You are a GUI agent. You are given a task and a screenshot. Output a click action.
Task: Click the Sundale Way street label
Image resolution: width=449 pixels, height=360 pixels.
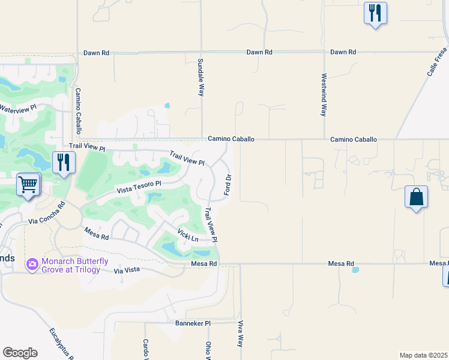click(x=202, y=77)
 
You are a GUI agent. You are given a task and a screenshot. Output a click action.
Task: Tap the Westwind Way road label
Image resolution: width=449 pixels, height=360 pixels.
click(x=324, y=95)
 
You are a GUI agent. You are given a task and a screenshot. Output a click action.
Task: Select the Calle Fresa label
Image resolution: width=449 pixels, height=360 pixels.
click(x=437, y=61)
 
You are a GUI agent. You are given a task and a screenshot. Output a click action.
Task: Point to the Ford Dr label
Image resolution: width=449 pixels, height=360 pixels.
click(x=228, y=184)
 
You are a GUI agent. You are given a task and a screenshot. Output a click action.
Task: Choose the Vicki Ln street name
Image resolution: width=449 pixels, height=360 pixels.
click(x=188, y=235)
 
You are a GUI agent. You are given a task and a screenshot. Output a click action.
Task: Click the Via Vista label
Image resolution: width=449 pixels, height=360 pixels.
click(x=127, y=271)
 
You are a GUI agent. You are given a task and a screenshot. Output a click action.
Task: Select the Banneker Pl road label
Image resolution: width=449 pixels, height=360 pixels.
click(x=193, y=323)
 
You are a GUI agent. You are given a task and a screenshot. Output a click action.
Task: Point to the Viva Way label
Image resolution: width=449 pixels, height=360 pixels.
click(x=240, y=334)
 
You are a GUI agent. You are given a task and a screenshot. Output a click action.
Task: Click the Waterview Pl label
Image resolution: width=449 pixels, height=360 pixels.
click(x=18, y=109)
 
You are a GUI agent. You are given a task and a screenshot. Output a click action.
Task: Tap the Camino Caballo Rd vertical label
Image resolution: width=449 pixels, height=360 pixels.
click(x=78, y=111)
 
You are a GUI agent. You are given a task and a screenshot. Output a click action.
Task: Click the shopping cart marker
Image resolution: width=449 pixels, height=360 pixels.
click(x=28, y=185)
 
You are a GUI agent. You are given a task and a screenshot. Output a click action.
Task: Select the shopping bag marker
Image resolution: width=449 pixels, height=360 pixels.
click(x=417, y=197)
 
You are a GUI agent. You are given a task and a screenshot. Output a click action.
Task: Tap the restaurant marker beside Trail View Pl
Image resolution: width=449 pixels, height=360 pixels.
click(x=64, y=163)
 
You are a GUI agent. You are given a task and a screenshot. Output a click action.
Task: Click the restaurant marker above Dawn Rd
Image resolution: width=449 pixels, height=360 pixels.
click(x=375, y=13)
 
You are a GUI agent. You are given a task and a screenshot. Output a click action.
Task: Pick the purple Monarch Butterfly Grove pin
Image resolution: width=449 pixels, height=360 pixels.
click(x=32, y=264)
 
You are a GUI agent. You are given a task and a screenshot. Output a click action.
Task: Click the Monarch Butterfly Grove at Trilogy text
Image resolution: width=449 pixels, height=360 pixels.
click(x=74, y=265)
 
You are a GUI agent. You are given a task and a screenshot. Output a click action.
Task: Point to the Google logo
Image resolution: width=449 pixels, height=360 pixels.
click(x=20, y=353)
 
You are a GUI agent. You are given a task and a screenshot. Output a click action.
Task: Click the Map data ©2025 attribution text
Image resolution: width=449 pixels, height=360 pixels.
click(x=423, y=355)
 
